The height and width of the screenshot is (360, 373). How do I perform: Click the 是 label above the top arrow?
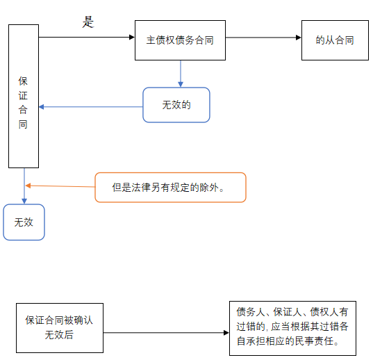(88, 22)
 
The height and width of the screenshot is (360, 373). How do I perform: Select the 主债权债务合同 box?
(180, 40)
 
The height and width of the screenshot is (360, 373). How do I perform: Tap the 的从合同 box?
(335, 40)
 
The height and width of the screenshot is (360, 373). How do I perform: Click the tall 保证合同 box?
(24, 97)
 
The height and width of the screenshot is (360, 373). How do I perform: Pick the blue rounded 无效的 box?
(176, 105)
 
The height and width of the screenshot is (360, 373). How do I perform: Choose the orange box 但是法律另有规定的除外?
(170, 188)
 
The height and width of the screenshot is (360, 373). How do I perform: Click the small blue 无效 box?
(24, 222)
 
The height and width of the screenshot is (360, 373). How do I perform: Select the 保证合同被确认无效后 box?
(60, 328)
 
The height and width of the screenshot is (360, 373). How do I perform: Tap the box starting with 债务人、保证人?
(292, 327)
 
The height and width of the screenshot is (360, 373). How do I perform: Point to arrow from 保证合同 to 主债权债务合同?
(86, 38)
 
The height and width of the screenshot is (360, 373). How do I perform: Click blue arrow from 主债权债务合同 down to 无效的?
(181, 74)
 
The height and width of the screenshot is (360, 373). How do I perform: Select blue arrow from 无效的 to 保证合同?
(90, 107)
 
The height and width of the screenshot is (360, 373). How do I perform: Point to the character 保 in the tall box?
(24, 81)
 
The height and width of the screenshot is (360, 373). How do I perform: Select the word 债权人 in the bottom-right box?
(324, 313)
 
